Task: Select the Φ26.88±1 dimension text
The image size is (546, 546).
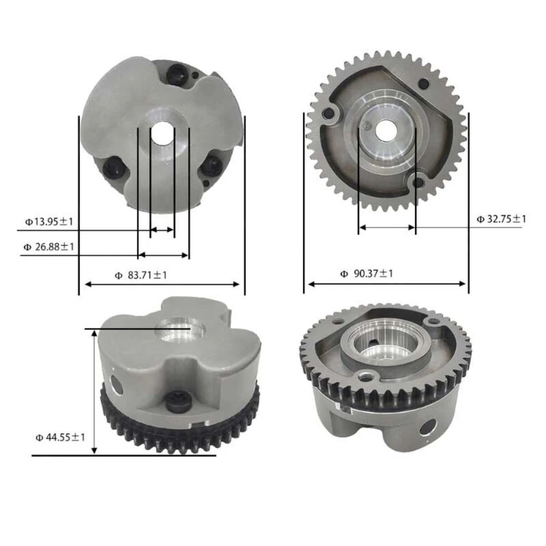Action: [x=49, y=247]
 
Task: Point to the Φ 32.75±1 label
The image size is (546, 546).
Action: [x=501, y=219]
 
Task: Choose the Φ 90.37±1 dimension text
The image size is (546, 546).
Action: [x=367, y=274]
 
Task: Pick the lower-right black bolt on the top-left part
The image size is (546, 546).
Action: [x=213, y=166]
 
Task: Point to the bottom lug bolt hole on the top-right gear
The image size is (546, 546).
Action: [x=420, y=183]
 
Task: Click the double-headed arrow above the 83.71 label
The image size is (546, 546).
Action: [x=162, y=283]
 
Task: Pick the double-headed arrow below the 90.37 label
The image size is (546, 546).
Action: [x=387, y=283]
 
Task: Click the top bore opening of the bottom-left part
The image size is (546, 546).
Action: [x=179, y=330]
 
